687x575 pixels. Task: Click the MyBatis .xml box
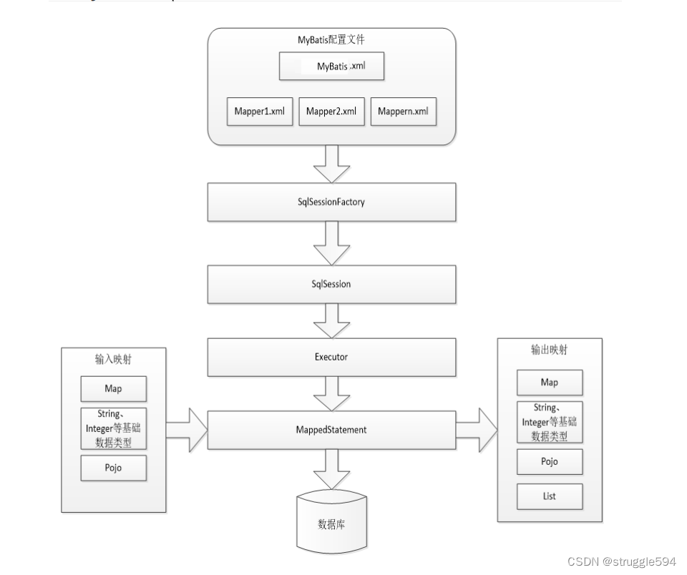pyautogui.click(x=331, y=67)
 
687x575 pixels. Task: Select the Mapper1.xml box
pyautogui.click(x=260, y=112)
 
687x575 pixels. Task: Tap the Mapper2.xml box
pyautogui.click(x=331, y=112)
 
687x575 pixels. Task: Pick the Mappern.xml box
pyautogui.click(x=403, y=112)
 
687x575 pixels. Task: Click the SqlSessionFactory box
pyautogui.click(x=331, y=202)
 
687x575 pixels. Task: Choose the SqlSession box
pyautogui.click(x=331, y=284)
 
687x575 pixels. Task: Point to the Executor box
pyautogui.click(x=331, y=357)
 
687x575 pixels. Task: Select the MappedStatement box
pyautogui.click(x=331, y=430)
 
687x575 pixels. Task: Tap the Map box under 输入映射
pyautogui.click(x=113, y=389)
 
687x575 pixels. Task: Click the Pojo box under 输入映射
pyautogui.click(x=113, y=468)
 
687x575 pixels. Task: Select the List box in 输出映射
pyautogui.click(x=550, y=496)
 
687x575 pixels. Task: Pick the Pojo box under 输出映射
pyautogui.click(x=550, y=462)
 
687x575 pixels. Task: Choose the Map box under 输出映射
pyautogui.click(x=550, y=383)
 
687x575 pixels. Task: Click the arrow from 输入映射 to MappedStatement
pyautogui.click(x=187, y=429)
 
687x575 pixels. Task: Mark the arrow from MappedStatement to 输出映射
pyautogui.click(x=476, y=429)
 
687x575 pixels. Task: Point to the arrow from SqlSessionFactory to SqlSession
pyautogui.click(x=331, y=242)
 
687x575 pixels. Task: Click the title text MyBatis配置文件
pyautogui.click(x=331, y=40)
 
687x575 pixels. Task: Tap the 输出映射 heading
pyautogui.click(x=550, y=351)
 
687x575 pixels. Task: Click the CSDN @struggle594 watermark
pyautogui.click(x=621, y=562)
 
